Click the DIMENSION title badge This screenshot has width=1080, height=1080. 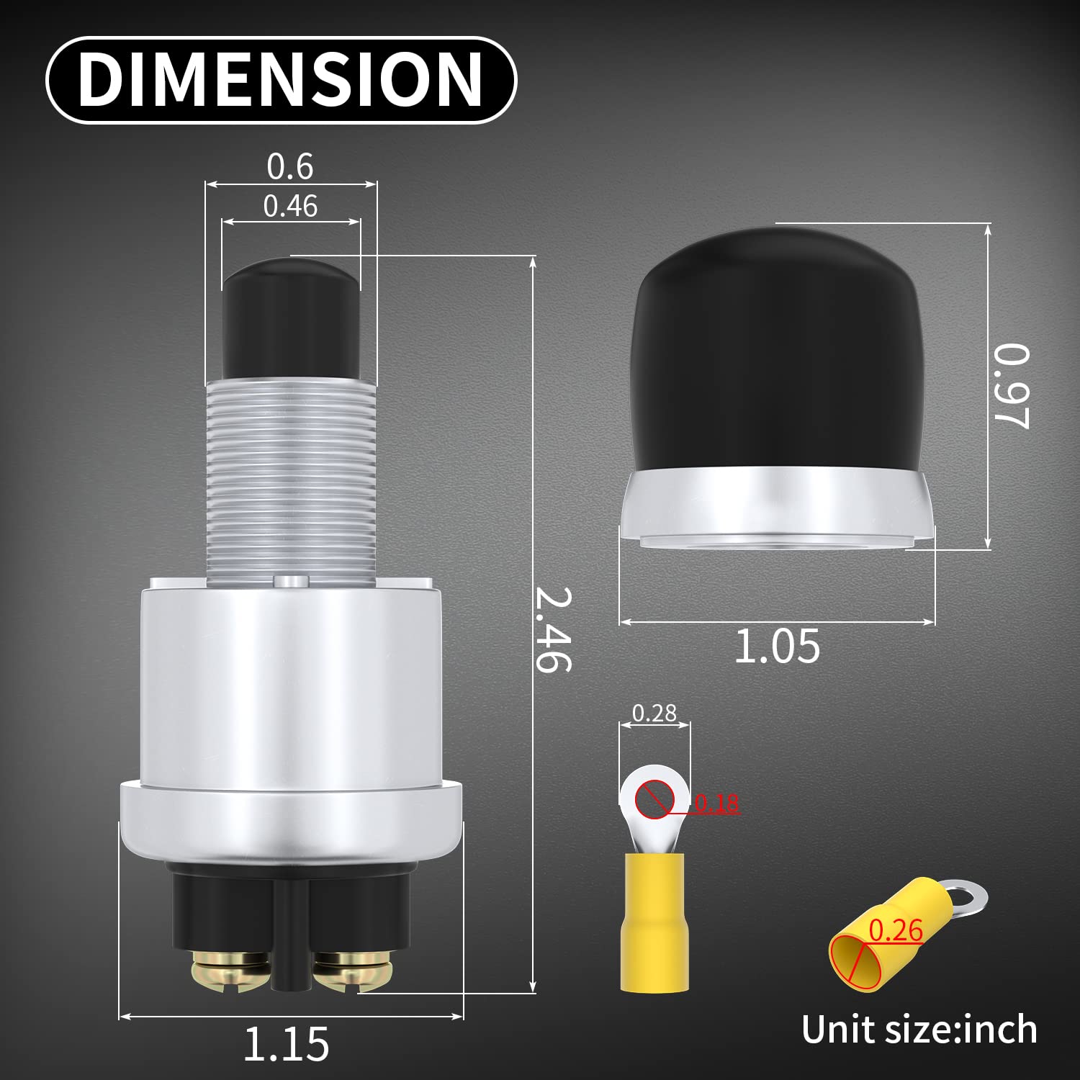(281, 79)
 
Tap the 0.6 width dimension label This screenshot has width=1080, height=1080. (290, 167)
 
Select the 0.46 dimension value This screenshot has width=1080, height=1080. (290, 207)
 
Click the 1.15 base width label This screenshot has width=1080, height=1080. (287, 1044)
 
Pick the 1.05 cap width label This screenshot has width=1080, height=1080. (776, 646)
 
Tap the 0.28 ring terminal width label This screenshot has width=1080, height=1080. (654, 713)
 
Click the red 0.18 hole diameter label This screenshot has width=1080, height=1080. (717, 803)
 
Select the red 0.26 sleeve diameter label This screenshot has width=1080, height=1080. (896, 931)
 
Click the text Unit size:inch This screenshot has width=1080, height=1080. (919, 1030)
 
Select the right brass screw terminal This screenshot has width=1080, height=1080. (350, 971)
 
